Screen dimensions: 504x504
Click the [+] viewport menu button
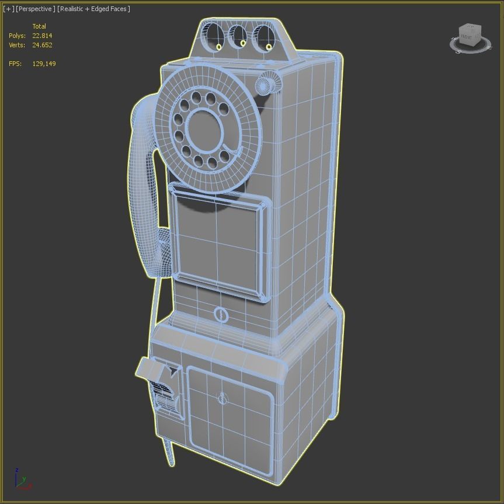[x=8, y=9]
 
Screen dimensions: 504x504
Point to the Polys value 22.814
[x=42, y=36]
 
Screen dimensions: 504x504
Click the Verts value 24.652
[x=42, y=45]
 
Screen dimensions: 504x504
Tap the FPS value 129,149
[x=44, y=64]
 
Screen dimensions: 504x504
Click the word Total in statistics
[x=39, y=26]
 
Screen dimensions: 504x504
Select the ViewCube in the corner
[x=470, y=38]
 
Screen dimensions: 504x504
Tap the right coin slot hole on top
[x=264, y=36]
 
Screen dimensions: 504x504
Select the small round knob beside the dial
[x=266, y=84]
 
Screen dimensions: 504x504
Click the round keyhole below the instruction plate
[x=221, y=315]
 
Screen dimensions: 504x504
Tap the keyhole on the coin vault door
[x=223, y=399]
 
